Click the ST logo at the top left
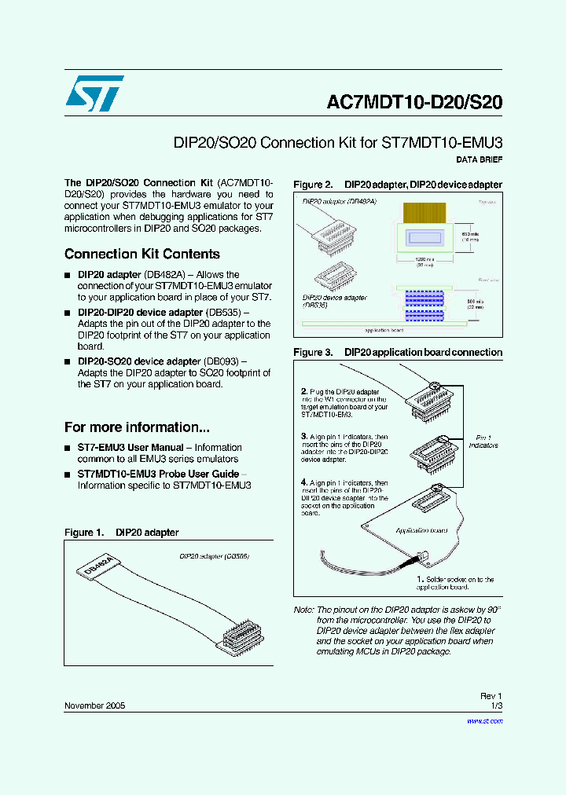[x=94, y=93]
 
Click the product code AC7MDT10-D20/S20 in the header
[x=413, y=103]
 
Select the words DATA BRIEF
[x=479, y=159]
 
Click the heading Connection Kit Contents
[x=141, y=254]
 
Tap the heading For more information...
[x=137, y=427]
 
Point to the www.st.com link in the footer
[x=484, y=720]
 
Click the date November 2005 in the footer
[x=94, y=705]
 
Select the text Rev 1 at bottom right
[x=491, y=696]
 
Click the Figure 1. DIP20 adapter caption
[x=121, y=533]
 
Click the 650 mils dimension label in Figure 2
[x=469, y=235]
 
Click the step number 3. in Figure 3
[x=303, y=436]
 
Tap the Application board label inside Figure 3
[x=417, y=531]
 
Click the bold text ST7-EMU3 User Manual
[x=130, y=447]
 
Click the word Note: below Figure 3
[x=303, y=610]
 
